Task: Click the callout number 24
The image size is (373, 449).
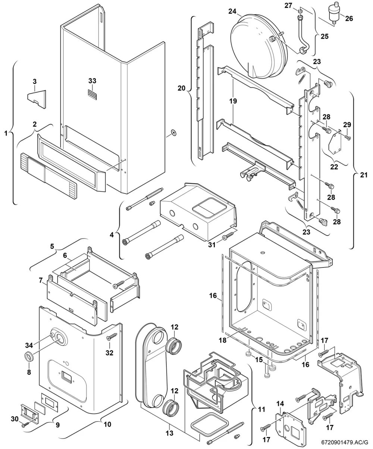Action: (232, 11)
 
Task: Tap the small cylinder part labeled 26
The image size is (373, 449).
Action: (333, 12)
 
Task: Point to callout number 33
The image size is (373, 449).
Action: (92, 81)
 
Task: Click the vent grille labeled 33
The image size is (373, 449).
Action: (92, 95)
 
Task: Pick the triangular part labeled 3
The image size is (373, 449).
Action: (37, 99)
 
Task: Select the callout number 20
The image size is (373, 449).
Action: (181, 88)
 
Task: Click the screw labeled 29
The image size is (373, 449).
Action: (347, 137)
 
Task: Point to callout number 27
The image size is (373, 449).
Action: (288, 5)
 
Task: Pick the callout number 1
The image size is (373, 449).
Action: (6, 134)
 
